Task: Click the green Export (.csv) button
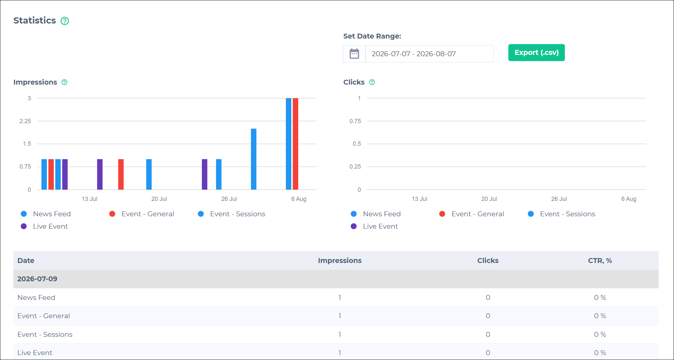pos(536,53)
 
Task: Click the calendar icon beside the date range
pos(354,54)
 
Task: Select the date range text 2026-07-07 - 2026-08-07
pos(414,54)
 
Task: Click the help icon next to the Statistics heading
pos(65,21)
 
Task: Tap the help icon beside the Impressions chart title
pos(64,82)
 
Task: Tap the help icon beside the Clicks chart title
pos(372,82)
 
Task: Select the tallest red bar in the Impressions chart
pos(295,144)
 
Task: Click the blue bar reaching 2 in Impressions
pos(254,159)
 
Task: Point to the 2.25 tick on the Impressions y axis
pos(25,121)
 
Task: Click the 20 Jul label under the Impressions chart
pos(159,199)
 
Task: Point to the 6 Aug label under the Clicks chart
pos(629,199)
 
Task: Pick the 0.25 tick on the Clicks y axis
pos(355,167)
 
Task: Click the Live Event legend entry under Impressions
pos(44,226)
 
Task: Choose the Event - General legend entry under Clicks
pos(471,214)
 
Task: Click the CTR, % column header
pos(600,261)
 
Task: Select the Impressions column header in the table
pos(340,261)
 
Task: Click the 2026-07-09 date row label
pos(37,279)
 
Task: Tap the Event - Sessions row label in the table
pos(45,335)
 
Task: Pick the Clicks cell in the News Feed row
pos(488,298)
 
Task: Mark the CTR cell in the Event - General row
pos(600,316)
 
